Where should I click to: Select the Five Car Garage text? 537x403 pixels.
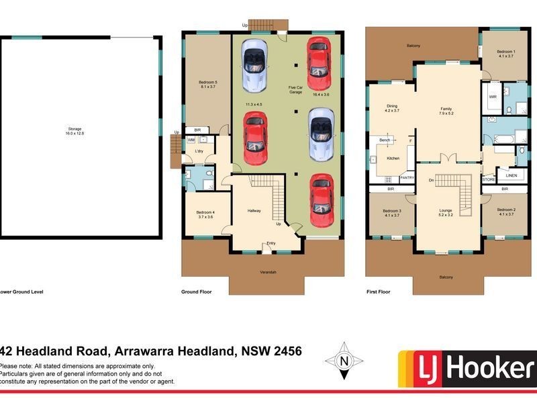[295, 89]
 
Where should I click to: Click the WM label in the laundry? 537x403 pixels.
[191, 140]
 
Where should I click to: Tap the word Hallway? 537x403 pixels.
[254, 211]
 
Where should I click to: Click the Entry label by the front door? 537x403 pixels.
[271, 243]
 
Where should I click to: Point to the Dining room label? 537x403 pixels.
[392, 105]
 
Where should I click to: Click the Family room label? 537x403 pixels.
[446, 108]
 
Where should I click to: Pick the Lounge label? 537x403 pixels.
[446, 210]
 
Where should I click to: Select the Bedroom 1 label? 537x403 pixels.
[506, 52]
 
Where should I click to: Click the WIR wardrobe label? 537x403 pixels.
[492, 97]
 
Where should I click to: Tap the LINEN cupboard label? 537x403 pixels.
[511, 176]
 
